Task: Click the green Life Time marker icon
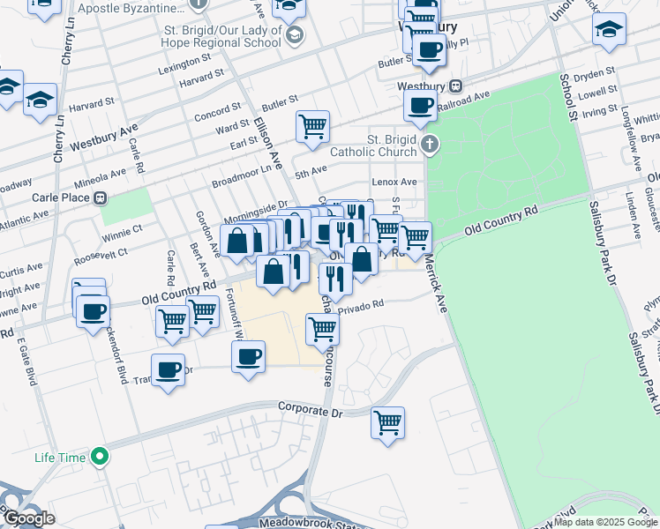[x=100, y=457]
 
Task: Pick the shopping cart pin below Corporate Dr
[x=387, y=423]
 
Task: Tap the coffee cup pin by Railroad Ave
[x=420, y=107]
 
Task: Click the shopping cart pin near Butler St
[x=312, y=127]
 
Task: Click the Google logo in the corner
[x=29, y=518]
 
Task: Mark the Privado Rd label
[x=362, y=305]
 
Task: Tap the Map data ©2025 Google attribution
[x=606, y=522]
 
